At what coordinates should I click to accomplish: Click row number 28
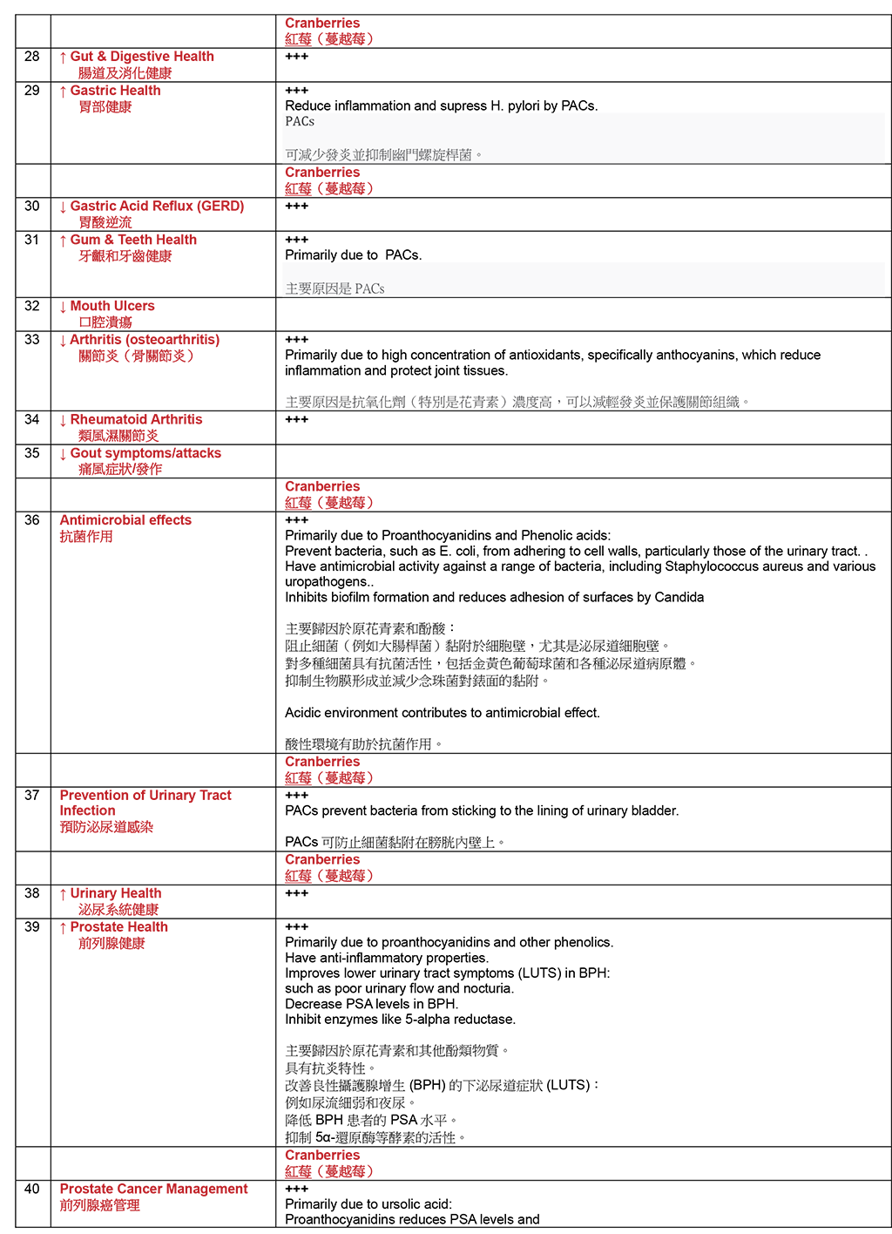point(32,57)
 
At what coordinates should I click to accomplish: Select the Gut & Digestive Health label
point(141,57)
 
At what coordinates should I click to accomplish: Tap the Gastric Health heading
point(115,91)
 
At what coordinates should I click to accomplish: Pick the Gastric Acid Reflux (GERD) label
point(157,207)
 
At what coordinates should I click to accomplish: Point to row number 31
point(32,240)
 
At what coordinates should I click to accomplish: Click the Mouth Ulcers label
point(111,306)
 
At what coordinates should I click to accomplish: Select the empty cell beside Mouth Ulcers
point(582,314)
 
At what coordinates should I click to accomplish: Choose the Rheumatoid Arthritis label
point(136,420)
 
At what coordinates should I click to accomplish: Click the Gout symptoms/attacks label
point(145,453)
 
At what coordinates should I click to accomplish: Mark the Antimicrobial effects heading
point(125,520)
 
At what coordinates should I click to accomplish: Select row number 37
point(32,796)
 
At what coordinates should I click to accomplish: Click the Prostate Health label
point(118,927)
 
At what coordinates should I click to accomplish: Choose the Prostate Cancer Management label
point(153,1189)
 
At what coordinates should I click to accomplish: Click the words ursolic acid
point(409,1204)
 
